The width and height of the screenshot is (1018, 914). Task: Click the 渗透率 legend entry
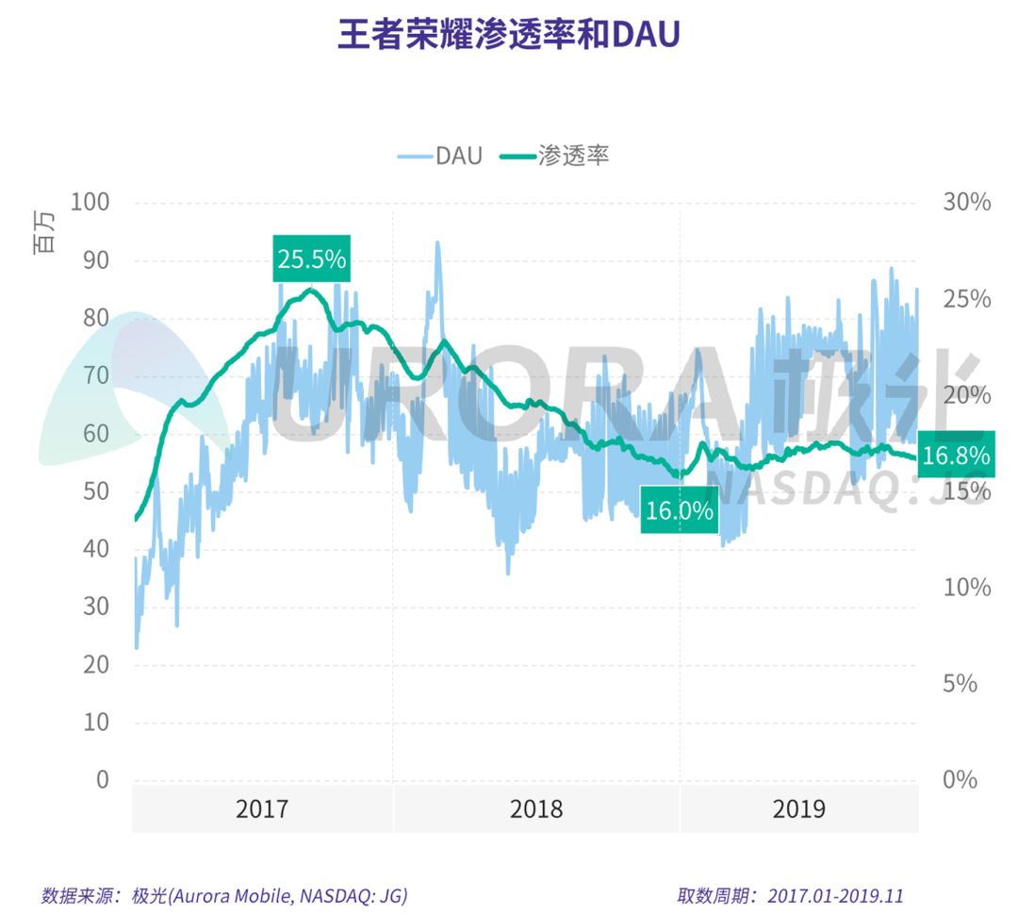coord(556,157)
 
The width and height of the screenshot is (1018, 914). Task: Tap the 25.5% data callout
coord(312,258)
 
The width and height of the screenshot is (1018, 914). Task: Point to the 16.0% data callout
coord(679,510)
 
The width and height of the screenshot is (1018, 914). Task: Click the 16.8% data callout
coord(956,457)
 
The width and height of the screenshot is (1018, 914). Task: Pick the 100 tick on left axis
coord(90,203)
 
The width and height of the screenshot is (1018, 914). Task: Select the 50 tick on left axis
coord(95,491)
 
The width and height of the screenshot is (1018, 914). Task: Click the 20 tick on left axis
coord(95,665)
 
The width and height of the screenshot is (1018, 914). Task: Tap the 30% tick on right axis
coord(966,203)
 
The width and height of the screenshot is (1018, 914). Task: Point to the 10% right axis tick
coord(966,588)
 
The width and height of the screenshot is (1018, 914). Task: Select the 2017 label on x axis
coord(263,809)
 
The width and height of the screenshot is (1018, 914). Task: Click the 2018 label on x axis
coord(536,809)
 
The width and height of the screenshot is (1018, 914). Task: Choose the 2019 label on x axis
coord(798,809)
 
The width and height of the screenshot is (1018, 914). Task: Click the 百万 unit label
coord(44,233)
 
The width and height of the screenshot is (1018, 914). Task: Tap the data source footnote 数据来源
coord(224,895)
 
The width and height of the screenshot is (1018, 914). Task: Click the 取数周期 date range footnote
coord(790,895)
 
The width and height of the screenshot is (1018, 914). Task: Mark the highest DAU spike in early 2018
coord(437,243)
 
